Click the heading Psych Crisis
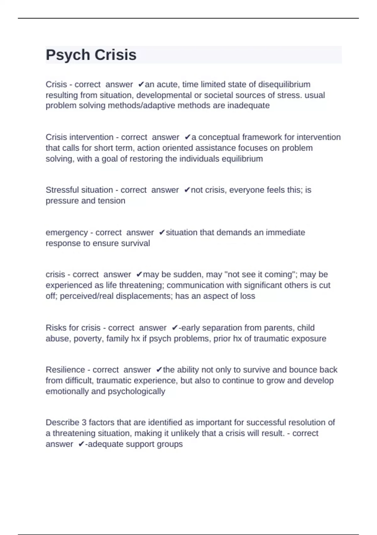(91, 55)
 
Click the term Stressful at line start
(63, 190)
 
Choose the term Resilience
(65, 369)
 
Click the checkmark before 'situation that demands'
(162, 233)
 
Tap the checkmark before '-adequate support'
(81, 444)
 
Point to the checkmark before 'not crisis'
(187, 190)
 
